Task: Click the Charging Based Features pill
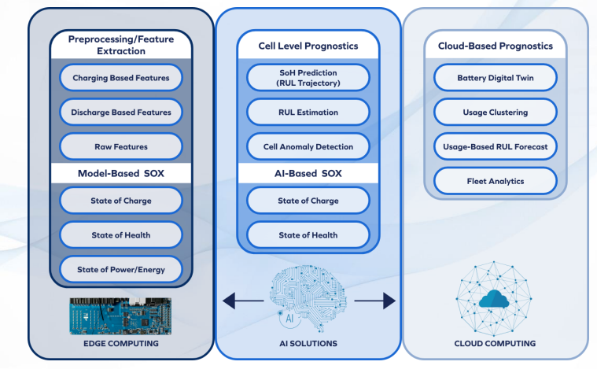coord(121,78)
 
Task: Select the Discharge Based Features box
coord(121,112)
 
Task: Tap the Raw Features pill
coord(121,146)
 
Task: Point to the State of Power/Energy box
coord(121,270)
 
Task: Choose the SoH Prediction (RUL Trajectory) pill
coord(308,78)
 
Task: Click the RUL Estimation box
coord(308,112)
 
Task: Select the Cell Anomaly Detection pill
coord(308,146)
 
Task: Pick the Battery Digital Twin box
coord(496,78)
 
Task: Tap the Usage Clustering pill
coord(496,112)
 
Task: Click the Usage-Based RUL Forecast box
coord(496,146)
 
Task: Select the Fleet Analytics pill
coord(496,181)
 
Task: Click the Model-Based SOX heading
coord(121,174)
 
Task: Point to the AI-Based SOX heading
coord(308,174)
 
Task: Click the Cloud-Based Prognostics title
coord(496,46)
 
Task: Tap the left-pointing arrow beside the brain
coord(243,301)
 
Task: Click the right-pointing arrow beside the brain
coord(375,301)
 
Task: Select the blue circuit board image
coord(120,316)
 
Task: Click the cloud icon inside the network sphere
coord(494,298)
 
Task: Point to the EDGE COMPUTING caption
coord(121,344)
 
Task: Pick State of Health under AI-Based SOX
coord(308,235)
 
